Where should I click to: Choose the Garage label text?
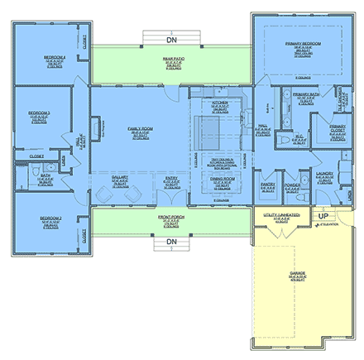click(297, 274)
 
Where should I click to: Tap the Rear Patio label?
click(173, 59)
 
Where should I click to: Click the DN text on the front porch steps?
click(171, 242)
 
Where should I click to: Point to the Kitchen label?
click(219, 103)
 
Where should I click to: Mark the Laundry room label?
click(323, 175)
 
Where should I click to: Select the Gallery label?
click(121, 177)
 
